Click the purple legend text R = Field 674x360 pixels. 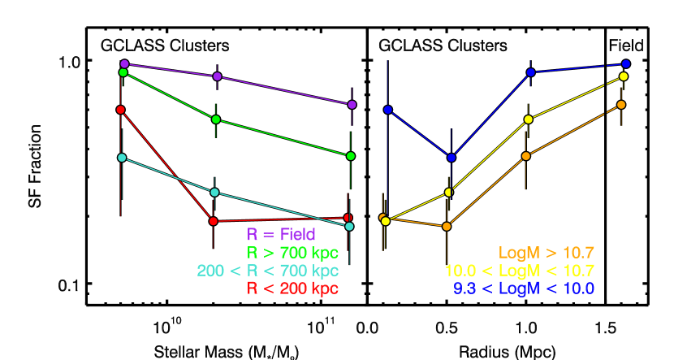281,235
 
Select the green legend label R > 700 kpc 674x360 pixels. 292,253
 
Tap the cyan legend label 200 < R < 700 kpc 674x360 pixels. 267,271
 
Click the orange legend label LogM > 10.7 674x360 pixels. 547,253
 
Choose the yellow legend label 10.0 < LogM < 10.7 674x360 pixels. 520,271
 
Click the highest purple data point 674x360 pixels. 124,63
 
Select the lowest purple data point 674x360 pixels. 352,105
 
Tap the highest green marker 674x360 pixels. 123,72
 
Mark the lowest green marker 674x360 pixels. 350,156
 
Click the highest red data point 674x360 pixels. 120,110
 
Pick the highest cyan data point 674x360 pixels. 122,158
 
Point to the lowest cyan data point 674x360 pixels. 349,226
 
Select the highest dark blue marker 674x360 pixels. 626,63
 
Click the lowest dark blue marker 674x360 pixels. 451,158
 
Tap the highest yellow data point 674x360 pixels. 624,76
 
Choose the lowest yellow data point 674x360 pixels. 386,221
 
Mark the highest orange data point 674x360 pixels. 621,105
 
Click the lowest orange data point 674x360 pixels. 447,227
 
